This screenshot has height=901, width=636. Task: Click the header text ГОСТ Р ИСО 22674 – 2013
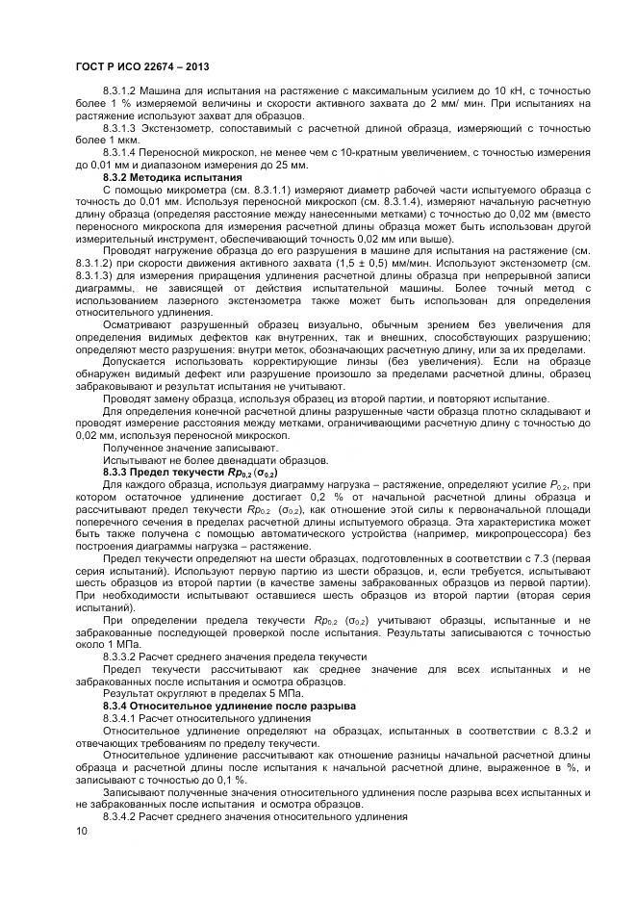[x=136, y=64]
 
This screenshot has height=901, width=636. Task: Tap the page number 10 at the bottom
[x=80, y=830]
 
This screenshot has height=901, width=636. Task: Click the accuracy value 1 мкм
[x=119, y=141]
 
